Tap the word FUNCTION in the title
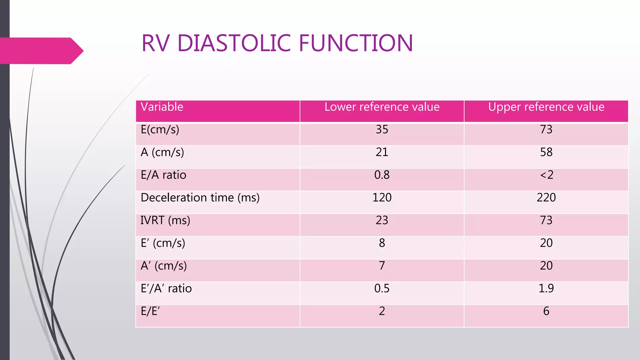click(x=356, y=43)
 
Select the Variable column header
click(x=162, y=107)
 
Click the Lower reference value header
click(x=382, y=107)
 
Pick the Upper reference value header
click(x=546, y=107)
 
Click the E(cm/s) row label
click(x=160, y=130)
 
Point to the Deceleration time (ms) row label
click(x=200, y=198)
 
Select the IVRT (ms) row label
click(x=165, y=221)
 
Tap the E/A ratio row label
click(x=163, y=175)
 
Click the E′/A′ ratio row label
click(x=166, y=288)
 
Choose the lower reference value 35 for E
click(x=382, y=130)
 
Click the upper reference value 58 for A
click(x=546, y=152)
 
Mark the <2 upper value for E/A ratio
click(x=547, y=175)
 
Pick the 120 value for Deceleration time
click(x=382, y=198)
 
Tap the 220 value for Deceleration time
click(x=546, y=198)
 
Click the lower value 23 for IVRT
click(x=382, y=221)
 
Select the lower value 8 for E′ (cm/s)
click(x=382, y=243)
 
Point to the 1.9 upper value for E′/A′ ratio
click(x=546, y=288)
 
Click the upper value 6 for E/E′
click(x=546, y=311)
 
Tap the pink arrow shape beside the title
click(x=41, y=51)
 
